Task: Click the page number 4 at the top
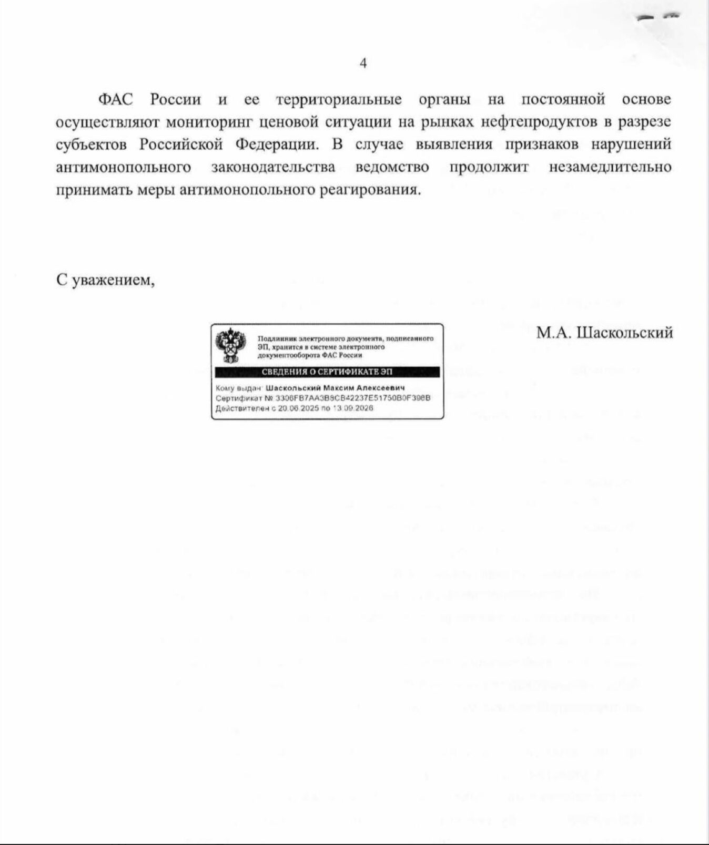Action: pos(363,64)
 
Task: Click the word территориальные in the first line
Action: pos(339,99)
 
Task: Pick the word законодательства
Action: pos(273,167)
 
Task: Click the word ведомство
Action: pos(392,167)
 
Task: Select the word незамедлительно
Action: pos(610,167)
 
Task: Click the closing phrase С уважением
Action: pos(106,280)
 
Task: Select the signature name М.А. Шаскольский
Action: pos(605,332)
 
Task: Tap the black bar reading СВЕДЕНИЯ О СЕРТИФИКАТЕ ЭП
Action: pos(327,372)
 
